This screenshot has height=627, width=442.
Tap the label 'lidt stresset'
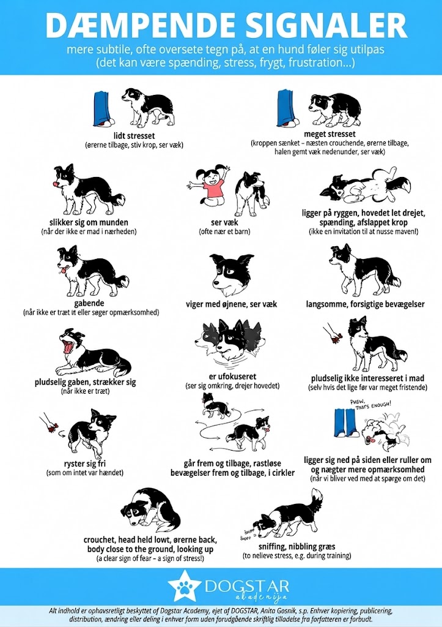click(134, 136)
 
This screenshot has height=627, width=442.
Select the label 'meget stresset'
click(330, 134)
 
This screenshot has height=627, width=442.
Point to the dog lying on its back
click(366, 187)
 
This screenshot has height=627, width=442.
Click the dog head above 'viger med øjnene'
click(231, 275)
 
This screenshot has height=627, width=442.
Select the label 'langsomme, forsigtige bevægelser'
click(366, 304)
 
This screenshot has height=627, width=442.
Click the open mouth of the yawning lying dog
click(68, 347)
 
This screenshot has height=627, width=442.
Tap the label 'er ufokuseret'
click(232, 377)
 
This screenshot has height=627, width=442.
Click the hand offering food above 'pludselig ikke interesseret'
click(333, 334)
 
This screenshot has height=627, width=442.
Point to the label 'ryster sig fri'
click(84, 464)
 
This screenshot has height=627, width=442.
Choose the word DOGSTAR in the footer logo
click(247, 587)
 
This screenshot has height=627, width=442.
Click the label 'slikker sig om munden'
click(89, 222)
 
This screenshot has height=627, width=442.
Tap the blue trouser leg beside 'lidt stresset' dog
click(102, 109)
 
